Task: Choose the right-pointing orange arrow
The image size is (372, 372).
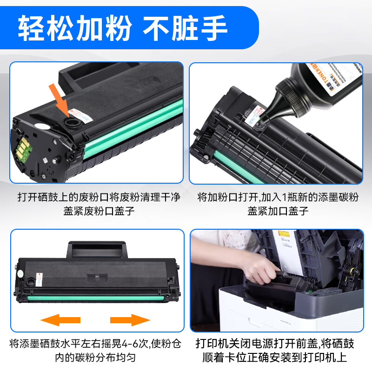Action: point(130,320)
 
